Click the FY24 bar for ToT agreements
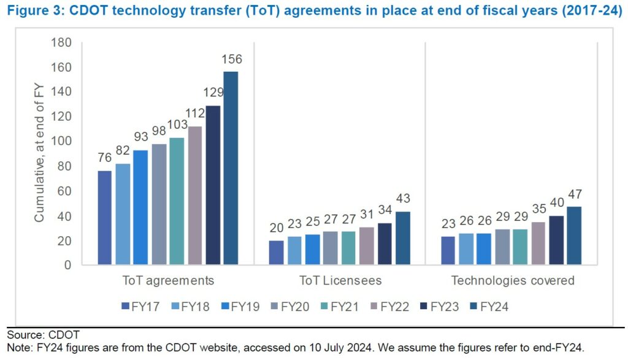pyautogui.click(x=231, y=169)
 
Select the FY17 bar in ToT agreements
pyautogui.click(x=105, y=218)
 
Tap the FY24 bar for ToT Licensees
pyautogui.click(x=402, y=239)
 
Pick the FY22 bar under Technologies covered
pyautogui.click(x=538, y=243)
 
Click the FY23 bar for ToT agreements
pyautogui.click(x=213, y=185)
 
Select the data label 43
pyautogui.click(x=402, y=199)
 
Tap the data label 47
pyautogui.click(x=574, y=194)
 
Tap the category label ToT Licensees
pyautogui.click(x=341, y=281)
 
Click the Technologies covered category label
pyautogui.click(x=513, y=281)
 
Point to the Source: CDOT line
pyautogui.click(x=43, y=335)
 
